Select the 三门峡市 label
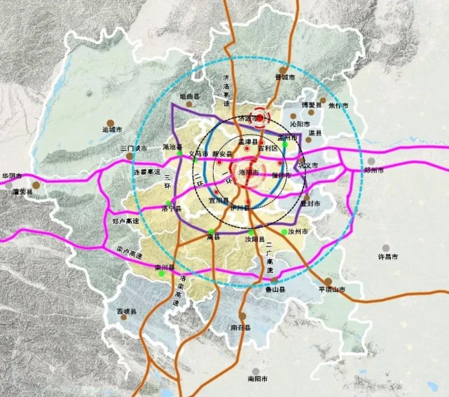[133, 149]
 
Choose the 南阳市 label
[258, 379]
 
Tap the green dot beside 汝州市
[284, 232]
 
